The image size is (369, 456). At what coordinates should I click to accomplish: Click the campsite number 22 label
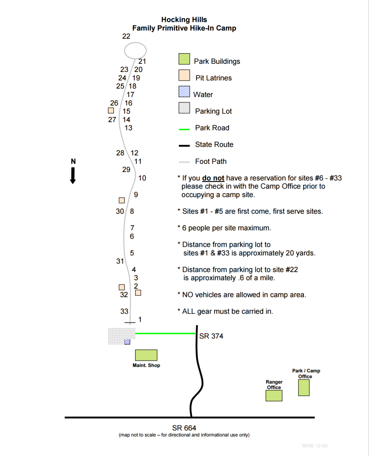(126, 36)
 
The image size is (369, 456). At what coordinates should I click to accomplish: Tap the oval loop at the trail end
(135, 50)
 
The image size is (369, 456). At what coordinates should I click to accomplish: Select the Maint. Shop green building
(146, 355)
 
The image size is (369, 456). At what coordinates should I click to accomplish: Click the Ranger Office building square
(274, 396)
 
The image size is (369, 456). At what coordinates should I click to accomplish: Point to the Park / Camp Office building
(304, 388)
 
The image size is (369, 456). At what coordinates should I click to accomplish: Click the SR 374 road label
(211, 336)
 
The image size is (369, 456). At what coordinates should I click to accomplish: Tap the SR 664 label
(184, 428)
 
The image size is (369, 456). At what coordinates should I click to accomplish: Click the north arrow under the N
(73, 176)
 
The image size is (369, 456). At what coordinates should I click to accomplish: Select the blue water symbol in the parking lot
(127, 342)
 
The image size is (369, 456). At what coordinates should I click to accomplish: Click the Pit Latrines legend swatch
(184, 75)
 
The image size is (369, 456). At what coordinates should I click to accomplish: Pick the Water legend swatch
(184, 92)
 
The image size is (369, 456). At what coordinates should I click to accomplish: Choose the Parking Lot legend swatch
(184, 108)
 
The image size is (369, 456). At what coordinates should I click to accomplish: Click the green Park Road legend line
(184, 129)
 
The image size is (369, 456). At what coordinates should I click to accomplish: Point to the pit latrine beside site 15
(111, 111)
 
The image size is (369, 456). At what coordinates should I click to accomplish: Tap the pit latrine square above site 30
(122, 200)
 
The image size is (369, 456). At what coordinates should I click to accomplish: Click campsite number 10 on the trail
(142, 178)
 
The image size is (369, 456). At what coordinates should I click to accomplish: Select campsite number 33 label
(124, 311)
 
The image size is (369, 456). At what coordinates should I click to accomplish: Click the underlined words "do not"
(213, 178)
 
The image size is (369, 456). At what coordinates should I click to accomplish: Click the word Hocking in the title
(175, 20)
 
